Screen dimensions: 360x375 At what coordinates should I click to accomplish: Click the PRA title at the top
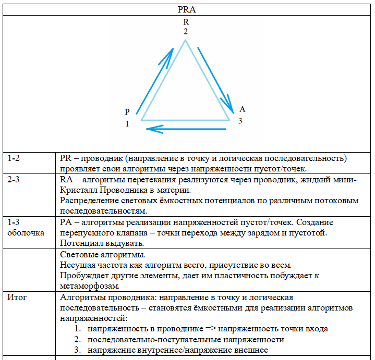click(x=186, y=9)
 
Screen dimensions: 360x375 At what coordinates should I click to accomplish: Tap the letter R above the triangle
click(x=186, y=22)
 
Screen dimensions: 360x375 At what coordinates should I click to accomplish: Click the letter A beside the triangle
click(x=242, y=109)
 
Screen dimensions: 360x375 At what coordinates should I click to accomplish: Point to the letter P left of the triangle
click(x=127, y=112)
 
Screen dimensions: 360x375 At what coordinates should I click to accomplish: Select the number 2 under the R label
click(x=186, y=32)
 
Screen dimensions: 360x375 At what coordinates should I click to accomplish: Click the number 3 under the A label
click(x=240, y=121)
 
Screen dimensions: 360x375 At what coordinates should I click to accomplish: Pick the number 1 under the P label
click(x=127, y=124)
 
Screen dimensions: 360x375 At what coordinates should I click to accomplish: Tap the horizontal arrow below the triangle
click(x=186, y=128)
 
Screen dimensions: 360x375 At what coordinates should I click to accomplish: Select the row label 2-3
click(x=15, y=180)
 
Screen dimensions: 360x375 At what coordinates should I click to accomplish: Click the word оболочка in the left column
click(x=26, y=233)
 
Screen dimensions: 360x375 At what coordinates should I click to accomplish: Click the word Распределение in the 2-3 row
click(x=88, y=201)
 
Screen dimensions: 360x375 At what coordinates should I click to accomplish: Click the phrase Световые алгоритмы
click(x=103, y=255)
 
